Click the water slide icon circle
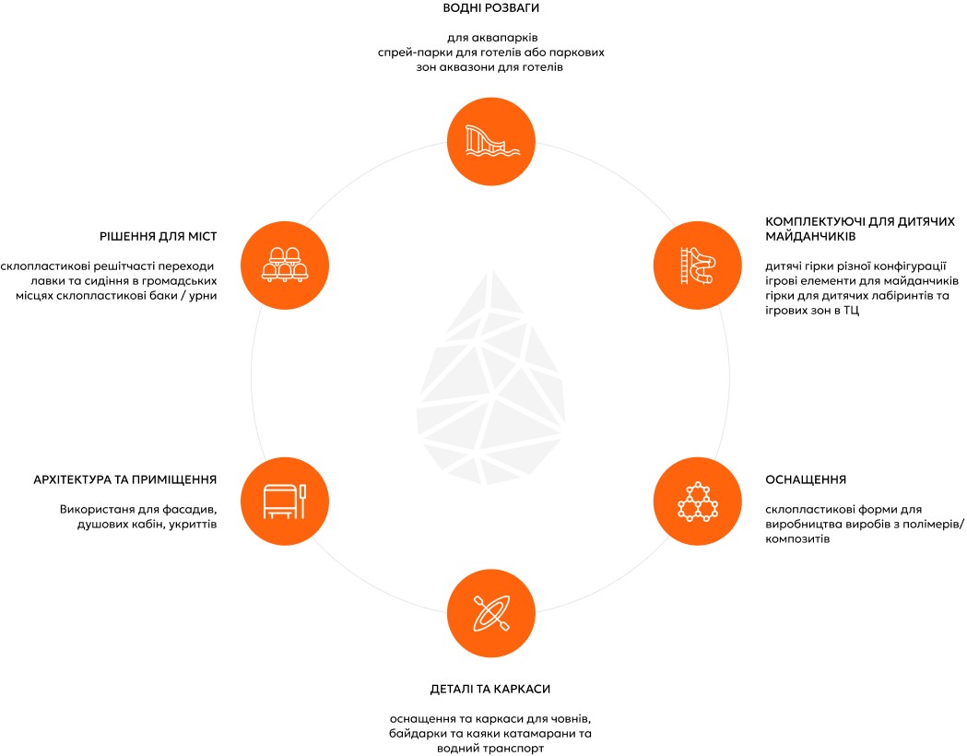tap(491, 141)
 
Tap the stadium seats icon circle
tap(284, 266)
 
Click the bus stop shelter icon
tap(284, 502)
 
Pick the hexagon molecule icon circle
tap(698, 502)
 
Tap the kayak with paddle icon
tap(491, 613)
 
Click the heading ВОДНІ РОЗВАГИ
tap(491, 8)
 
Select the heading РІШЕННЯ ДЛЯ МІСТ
tap(159, 236)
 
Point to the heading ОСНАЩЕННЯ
tap(806, 479)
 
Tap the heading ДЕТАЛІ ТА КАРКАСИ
tap(490, 689)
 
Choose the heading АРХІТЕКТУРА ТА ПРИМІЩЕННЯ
tap(125, 479)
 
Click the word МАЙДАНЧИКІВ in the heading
tap(810, 236)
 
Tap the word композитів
tap(797, 539)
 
